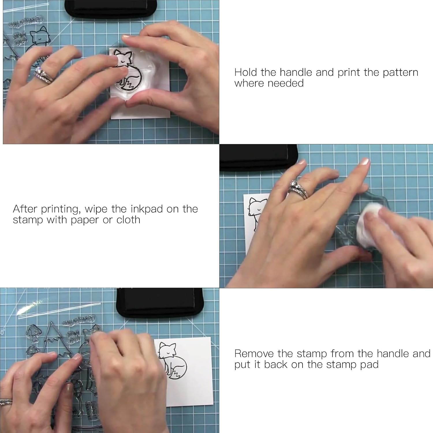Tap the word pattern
[400, 72]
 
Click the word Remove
[254, 353]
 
